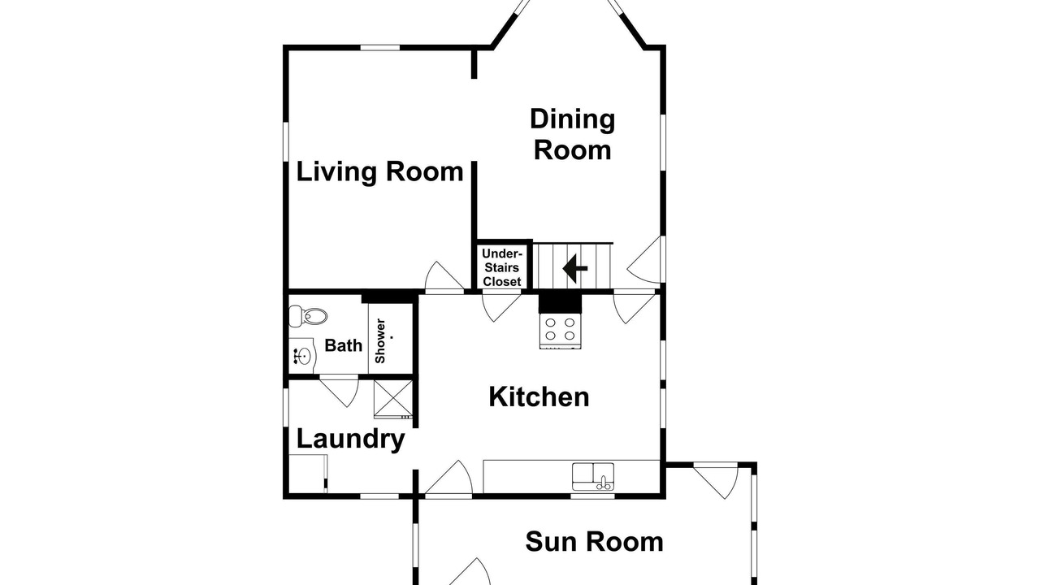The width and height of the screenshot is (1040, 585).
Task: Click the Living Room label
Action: point(379,171)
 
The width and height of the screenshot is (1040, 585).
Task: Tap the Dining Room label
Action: point(573,135)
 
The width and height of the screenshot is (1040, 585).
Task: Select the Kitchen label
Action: point(539,397)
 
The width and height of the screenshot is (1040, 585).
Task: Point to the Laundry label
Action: point(350,440)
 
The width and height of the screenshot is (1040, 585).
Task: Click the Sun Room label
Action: point(594,541)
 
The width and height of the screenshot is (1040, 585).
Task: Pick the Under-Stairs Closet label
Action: point(502,268)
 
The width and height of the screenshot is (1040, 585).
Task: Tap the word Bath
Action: point(343,345)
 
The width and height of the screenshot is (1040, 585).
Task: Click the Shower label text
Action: point(380,340)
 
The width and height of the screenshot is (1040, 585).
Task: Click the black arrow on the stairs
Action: point(574,268)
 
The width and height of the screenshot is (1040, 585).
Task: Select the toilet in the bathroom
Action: point(308,317)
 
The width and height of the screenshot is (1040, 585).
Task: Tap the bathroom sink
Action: point(302,356)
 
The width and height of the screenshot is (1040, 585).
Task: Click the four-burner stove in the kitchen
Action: point(561,331)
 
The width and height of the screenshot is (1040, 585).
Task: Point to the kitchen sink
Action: point(593,476)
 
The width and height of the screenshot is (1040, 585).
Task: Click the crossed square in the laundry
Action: point(392,399)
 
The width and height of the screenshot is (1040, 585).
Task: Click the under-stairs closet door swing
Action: point(501,306)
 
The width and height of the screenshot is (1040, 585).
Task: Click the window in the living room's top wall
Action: point(380,47)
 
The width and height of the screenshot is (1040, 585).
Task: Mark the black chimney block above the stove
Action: point(560,302)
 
